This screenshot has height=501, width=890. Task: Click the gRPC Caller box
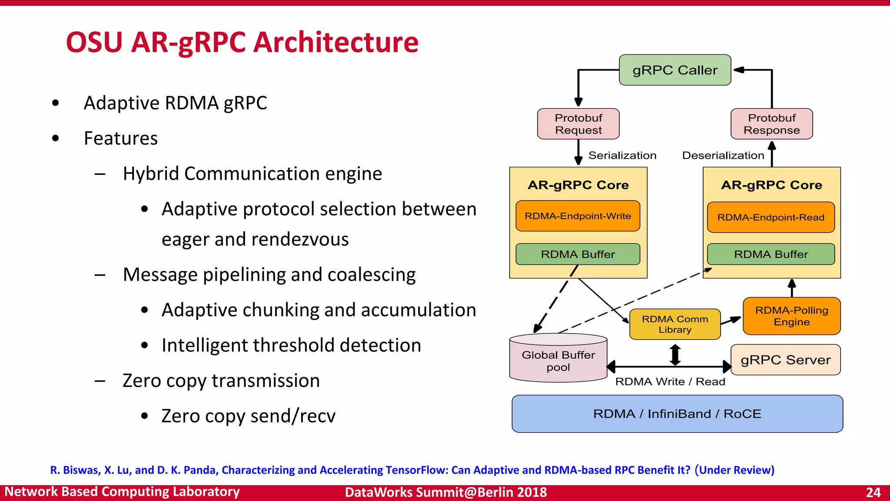click(x=674, y=70)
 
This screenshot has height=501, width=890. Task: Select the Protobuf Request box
click(x=578, y=124)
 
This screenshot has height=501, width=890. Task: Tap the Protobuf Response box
click(x=771, y=124)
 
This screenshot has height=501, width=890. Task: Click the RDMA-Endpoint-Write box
click(x=578, y=216)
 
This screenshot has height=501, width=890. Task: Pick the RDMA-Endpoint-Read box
click(x=770, y=217)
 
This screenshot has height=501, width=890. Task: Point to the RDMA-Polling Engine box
click(x=791, y=316)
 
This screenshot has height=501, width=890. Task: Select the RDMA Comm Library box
click(x=674, y=324)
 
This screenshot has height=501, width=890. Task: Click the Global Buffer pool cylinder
click(x=558, y=361)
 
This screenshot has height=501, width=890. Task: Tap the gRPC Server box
click(x=785, y=360)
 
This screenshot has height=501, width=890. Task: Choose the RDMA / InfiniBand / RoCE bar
click(x=677, y=414)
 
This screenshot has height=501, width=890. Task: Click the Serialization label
click(x=622, y=155)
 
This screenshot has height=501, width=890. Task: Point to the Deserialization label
click(x=723, y=155)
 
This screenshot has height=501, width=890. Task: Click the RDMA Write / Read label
click(x=670, y=381)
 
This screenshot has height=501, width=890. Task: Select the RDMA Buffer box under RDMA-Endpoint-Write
click(x=578, y=254)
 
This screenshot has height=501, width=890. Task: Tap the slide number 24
click(x=873, y=492)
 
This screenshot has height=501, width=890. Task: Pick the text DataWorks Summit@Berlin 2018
click(x=445, y=492)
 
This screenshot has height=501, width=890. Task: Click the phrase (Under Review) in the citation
click(x=734, y=470)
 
